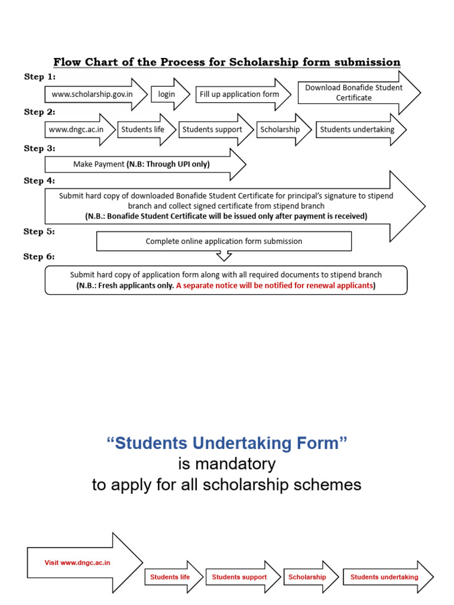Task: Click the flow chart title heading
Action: (x=227, y=62)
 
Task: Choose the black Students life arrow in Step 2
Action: (x=144, y=129)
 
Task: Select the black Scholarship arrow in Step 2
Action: (x=281, y=129)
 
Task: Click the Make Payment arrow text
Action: (x=142, y=164)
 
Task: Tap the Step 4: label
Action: (x=40, y=181)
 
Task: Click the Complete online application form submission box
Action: (x=223, y=241)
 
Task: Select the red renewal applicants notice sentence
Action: (x=274, y=285)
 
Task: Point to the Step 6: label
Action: (x=40, y=257)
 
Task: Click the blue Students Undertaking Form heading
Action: (x=226, y=444)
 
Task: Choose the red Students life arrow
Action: (x=171, y=577)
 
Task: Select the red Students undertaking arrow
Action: (x=385, y=577)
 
